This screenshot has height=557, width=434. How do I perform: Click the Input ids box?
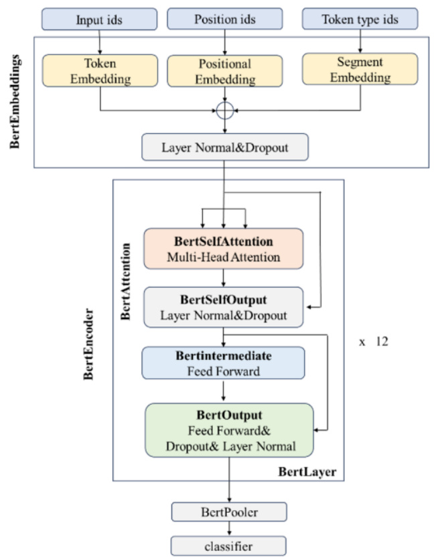click(x=99, y=19)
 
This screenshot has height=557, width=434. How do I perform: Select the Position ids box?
click(x=224, y=19)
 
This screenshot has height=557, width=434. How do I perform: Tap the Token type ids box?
click(x=360, y=19)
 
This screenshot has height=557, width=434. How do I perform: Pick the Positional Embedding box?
click(x=224, y=72)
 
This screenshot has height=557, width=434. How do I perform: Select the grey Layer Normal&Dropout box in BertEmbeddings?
click(x=224, y=147)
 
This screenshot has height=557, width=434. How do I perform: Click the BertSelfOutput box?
click(x=224, y=306)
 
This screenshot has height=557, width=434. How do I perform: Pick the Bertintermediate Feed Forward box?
click(x=224, y=362)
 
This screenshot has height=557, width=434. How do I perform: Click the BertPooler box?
click(x=230, y=512)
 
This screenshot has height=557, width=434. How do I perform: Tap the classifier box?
click(x=228, y=546)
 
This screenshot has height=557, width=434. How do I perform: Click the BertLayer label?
click(x=307, y=473)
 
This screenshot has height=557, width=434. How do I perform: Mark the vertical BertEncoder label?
click(x=88, y=345)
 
